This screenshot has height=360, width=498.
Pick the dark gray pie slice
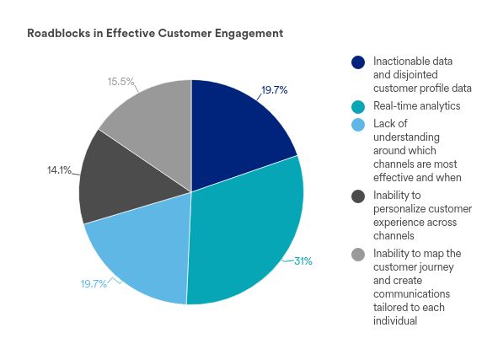124,181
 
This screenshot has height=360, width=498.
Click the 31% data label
303,261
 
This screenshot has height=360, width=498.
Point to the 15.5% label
121,82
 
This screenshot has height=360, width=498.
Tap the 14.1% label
59,170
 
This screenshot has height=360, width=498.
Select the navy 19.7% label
275,90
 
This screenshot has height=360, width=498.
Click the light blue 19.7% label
94,284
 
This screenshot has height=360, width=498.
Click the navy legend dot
358,62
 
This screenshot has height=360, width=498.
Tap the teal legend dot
358,107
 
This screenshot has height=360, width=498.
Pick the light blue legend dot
358,125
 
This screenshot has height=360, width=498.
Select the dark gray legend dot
358,196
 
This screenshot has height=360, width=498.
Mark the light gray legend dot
358,255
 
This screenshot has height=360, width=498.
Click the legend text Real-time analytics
417,106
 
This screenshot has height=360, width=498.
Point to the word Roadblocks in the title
59,34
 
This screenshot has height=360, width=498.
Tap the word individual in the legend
395,320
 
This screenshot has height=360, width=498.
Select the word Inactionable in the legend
399,61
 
